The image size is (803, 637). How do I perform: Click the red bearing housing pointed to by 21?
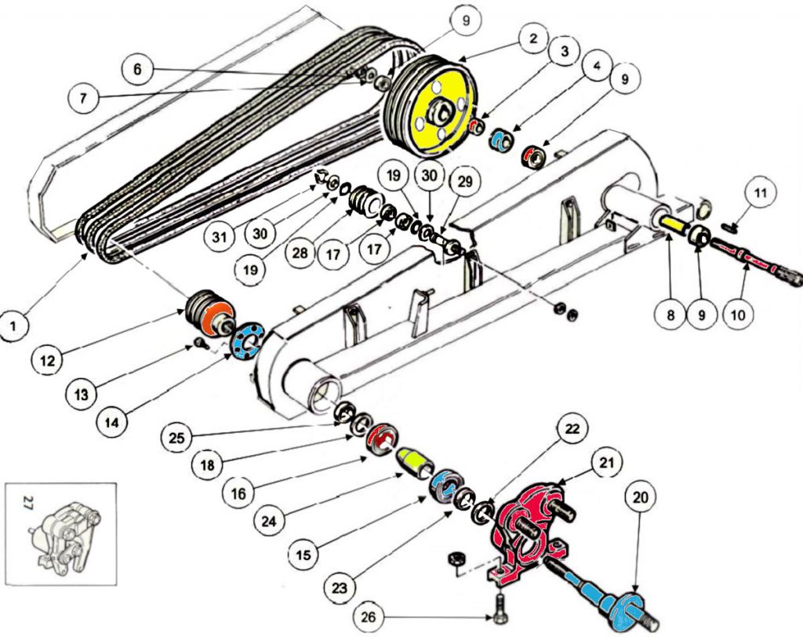click(526, 532)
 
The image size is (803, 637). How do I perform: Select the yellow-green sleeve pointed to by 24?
click(414, 462)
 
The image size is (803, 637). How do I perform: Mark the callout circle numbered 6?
click(138, 68)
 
